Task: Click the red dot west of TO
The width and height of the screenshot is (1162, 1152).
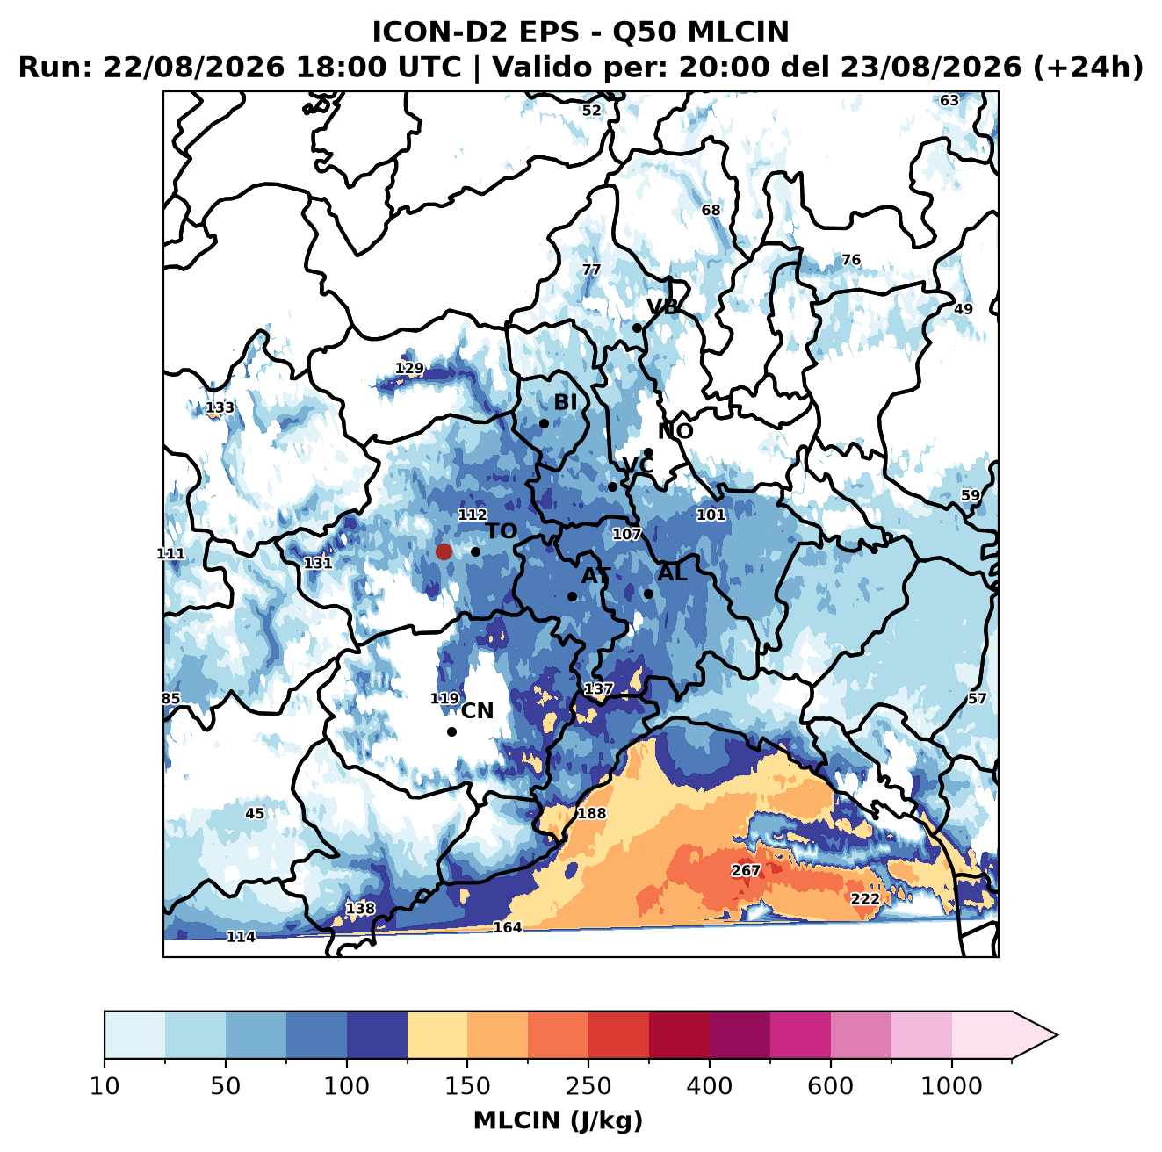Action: click(x=444, y=551)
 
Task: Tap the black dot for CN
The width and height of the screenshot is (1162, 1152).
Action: click(x=451, y=731)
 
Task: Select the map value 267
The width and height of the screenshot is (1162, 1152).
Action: click(x=746, y=870)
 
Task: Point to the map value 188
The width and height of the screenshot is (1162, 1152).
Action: click(x=592, y=813)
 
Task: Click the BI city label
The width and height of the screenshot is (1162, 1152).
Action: click(x=566, y=402)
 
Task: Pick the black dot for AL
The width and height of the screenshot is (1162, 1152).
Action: click(x=648, y=594)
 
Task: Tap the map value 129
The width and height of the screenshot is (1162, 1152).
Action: click(x=409, y=368)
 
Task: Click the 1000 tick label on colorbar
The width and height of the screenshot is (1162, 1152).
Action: click(x=951, y=1086)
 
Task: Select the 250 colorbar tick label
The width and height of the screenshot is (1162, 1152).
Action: click(x=588, y=1086)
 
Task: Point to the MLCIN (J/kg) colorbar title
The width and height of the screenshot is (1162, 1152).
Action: click(x=558, y=1120)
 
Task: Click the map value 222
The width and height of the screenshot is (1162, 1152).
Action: click(x=865, y=899)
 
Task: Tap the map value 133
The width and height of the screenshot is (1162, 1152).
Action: click(x=220, y=407)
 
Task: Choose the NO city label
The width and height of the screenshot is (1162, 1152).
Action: click(x=675, y=431)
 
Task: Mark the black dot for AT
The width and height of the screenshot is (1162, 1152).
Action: click(x=572, y=596)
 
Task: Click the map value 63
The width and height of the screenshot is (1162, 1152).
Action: click(x=949, y=101)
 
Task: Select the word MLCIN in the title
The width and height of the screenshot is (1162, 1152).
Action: click(x=738, y=32)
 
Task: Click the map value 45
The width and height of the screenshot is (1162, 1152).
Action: click(x=255, y=813)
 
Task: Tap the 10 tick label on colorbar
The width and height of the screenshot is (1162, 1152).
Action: click(x=105, y=1086)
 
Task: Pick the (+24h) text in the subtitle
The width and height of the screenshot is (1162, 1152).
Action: click(x=1087, y=68)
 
